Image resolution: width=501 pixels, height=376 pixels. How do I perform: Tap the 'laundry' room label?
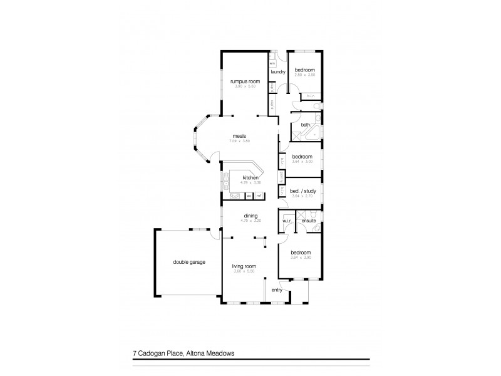click(278, 72)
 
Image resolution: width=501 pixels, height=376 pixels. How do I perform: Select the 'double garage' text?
click(190, 262)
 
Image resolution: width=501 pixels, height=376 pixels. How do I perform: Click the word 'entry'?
click(276, 290)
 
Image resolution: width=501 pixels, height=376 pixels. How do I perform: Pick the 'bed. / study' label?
click(302, 192)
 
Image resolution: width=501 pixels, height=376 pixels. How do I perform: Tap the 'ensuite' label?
click(307, 221)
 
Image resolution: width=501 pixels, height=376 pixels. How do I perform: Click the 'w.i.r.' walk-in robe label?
click(287, 221)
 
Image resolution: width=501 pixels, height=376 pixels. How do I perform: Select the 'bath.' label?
click(306, 125)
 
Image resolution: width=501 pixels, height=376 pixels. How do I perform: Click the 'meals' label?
click(239, 136)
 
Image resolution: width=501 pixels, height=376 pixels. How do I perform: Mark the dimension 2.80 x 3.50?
click(304, 75)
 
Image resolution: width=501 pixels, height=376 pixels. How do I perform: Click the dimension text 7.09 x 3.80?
click(239, 141)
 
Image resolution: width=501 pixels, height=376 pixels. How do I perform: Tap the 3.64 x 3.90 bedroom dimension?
click(301, 258)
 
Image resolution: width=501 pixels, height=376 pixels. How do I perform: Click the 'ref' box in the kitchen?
click(257, 196)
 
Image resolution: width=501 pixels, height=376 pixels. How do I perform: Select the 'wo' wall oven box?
click(249, 196)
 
